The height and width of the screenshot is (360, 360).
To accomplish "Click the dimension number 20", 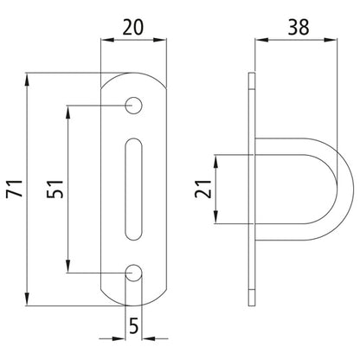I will pos(133,28).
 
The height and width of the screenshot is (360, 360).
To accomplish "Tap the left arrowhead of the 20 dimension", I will pos(107,41).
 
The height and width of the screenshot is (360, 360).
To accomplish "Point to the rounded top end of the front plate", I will pos(133,79).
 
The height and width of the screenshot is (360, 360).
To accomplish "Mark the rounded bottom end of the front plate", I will pos(133,300).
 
